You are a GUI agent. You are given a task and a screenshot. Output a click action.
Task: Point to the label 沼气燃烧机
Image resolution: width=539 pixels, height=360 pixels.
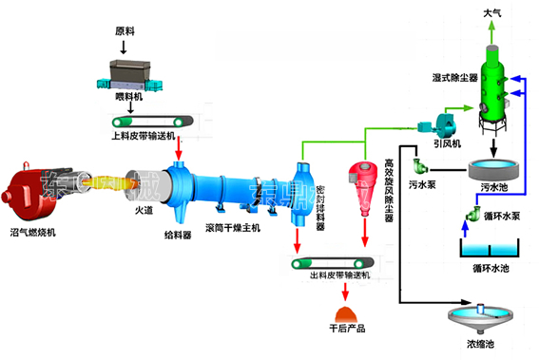(x=37, y=231)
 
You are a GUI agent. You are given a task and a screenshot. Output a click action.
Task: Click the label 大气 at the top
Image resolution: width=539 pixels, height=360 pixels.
(x=493, y=12)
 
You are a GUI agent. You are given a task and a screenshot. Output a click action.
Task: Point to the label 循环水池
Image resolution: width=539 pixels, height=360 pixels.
(x=490, y=269)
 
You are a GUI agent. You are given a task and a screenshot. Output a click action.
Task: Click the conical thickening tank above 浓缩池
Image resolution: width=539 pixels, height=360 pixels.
(x=482, y=315)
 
